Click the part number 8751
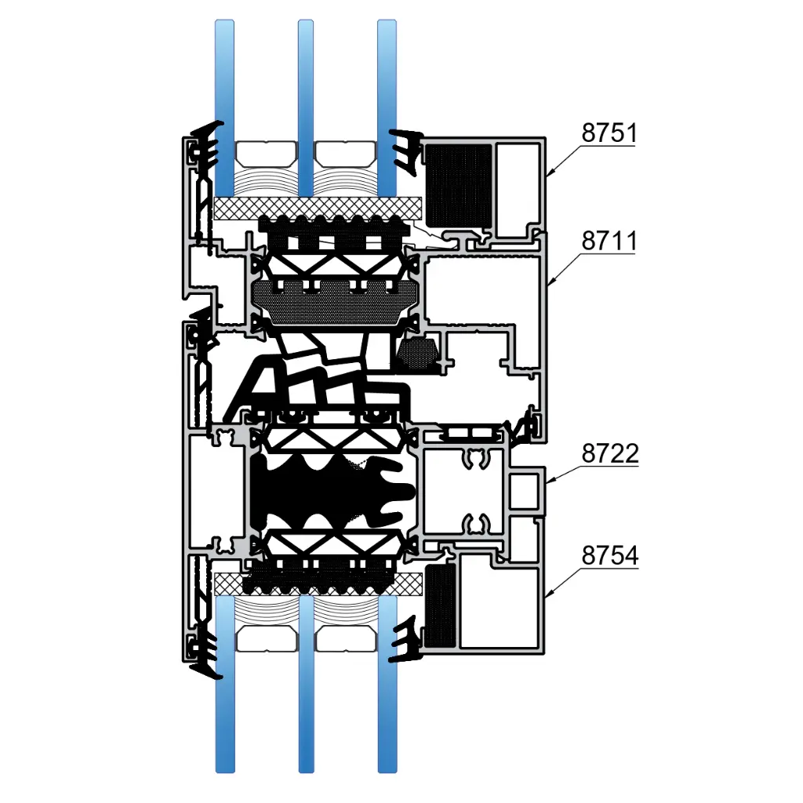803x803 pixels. coord(609,133)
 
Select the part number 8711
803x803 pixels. coord(609,241)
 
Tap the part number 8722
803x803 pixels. coord(610,453)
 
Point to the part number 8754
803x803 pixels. coord(610,556)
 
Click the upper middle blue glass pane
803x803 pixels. coord(306,108)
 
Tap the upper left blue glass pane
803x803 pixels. coord(224,108)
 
